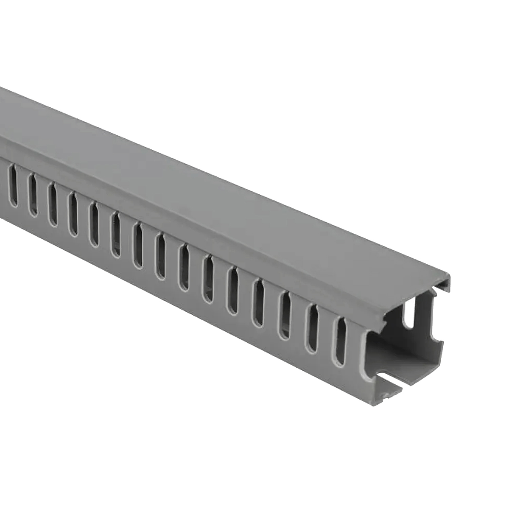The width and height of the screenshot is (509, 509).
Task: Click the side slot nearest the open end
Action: [340, 335]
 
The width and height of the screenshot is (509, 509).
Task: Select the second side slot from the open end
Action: [314, 322]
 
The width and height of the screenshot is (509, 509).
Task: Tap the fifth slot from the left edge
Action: [93, 222]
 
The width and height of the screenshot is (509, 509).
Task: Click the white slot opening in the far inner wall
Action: [409, 314]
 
